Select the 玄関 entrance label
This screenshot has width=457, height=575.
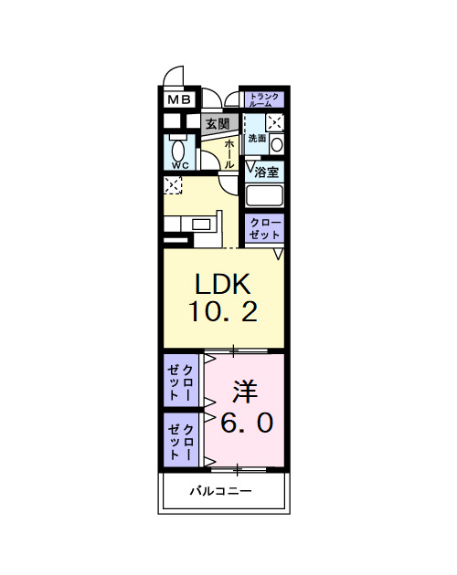[217, 123]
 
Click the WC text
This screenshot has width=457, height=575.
[178, 165]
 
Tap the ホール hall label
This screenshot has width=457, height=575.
[229, 151]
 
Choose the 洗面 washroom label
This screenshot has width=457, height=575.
[257, 139]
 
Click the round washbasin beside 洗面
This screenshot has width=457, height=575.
[277, 142]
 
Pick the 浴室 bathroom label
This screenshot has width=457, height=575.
[266, 171]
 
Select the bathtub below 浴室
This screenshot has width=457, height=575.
[264, 195]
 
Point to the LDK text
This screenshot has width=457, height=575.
[223, 283]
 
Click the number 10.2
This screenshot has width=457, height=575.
[223, 311]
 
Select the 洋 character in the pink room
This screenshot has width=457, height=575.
[244, 392]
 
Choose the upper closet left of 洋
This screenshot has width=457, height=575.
[180, 382]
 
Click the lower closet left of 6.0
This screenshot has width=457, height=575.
[180, 441]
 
